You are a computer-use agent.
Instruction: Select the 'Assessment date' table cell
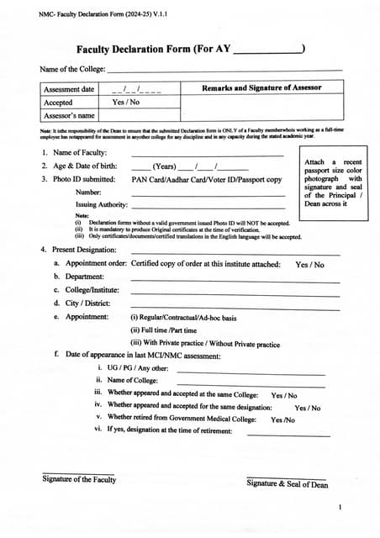(69, 89)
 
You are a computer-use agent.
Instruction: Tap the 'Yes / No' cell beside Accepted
(126, 102)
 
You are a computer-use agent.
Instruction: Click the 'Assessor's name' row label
(69, 115)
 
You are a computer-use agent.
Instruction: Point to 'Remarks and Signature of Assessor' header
(261, 88)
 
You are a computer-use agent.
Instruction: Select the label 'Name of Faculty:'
(80, 152)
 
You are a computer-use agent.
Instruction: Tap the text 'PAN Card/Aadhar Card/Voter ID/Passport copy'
(207, 179)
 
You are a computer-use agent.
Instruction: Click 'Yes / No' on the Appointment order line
(309, 264)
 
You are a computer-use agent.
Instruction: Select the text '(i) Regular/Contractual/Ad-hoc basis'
(182, 318)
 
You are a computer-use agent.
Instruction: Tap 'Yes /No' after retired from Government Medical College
(282, 419)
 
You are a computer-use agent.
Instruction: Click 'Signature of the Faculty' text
(79, 479)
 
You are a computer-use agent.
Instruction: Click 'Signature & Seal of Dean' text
(287, 483)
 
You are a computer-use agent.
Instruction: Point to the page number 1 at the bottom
(340, 508)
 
